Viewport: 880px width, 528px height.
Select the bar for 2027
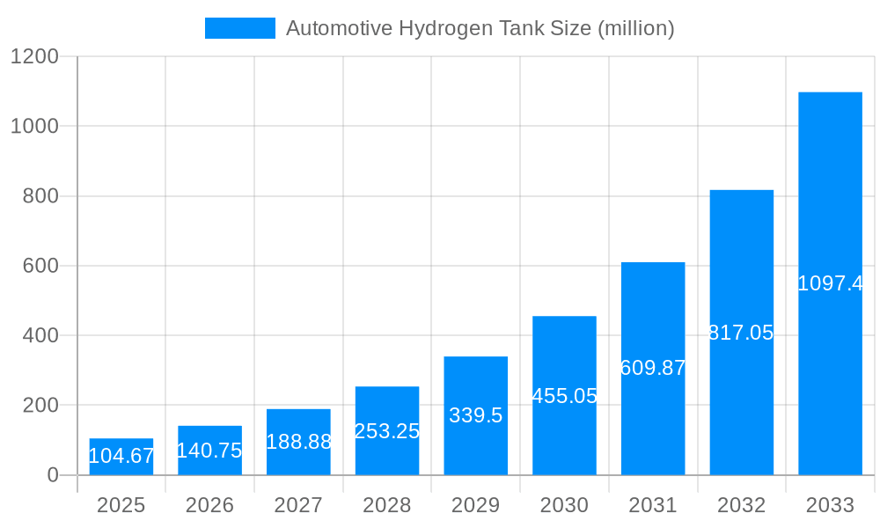(298, 442)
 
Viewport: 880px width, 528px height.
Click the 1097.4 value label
(830, 283)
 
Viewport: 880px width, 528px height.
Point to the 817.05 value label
(741, 333)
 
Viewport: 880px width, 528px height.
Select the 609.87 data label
(653, 368)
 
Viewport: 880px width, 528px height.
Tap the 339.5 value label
(475, 415)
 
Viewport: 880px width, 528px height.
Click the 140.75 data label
(209, 451)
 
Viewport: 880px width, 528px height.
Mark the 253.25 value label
(387, 431)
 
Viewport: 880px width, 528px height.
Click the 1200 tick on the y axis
(34, 57)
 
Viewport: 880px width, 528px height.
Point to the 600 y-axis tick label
(40, 266)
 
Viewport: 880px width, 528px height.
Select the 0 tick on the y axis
(52, 475)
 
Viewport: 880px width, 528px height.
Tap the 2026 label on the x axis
(209, 505)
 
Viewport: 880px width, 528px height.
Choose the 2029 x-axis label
(475, 505)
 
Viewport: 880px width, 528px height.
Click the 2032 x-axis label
(741, 505)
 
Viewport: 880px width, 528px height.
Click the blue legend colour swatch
(239, 28)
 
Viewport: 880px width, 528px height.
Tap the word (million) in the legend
(635, 29)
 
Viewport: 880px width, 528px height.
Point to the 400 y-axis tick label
(40, 335)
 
